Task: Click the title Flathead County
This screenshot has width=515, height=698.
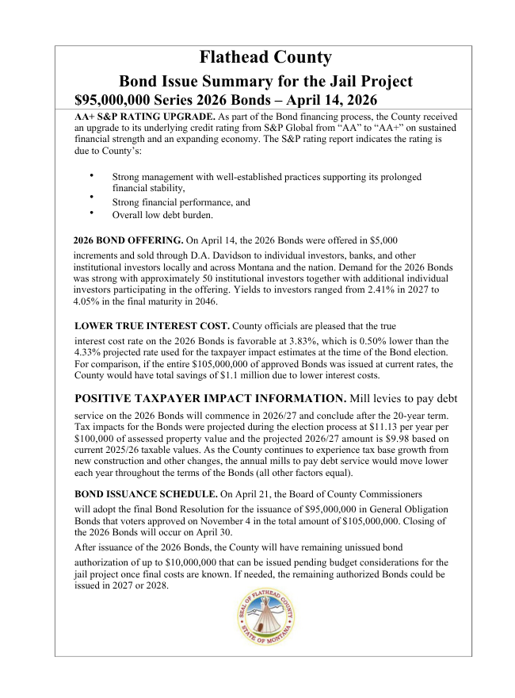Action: point(265,57)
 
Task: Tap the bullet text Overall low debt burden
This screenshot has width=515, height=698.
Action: point(162,214)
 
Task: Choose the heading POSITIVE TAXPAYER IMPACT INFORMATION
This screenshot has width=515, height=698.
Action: point(210,398)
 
